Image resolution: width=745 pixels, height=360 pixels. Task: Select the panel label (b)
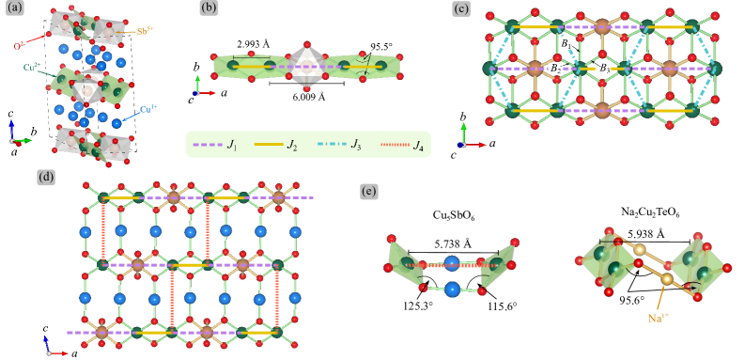(x=210, y=10)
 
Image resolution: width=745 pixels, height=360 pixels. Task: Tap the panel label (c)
(x=461, y=10)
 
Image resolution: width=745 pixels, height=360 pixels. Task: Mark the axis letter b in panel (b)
(x=196, y=68)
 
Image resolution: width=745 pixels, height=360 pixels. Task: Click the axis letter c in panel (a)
(x=10, y=113)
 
